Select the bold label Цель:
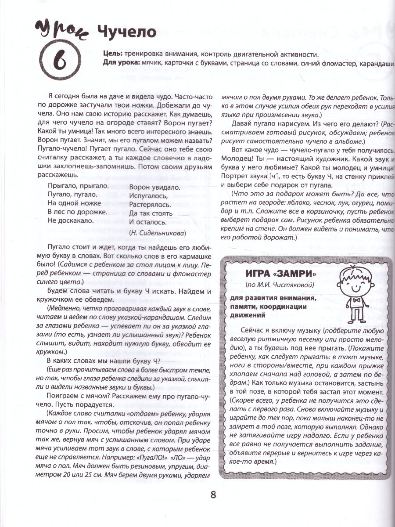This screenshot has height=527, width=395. coord(111,54)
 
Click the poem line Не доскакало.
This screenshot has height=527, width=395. coord(70,220)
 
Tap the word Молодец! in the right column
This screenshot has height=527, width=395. coord(235,157)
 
